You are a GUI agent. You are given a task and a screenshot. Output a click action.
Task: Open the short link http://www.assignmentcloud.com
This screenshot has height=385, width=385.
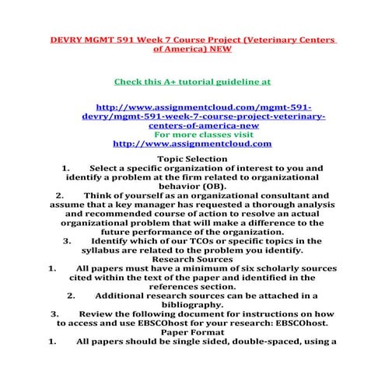point(192,143)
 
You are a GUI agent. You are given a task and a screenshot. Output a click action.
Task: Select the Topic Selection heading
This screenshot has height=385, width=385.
point(192,159)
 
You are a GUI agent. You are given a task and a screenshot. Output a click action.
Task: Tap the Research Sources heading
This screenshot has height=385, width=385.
point(192,260)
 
